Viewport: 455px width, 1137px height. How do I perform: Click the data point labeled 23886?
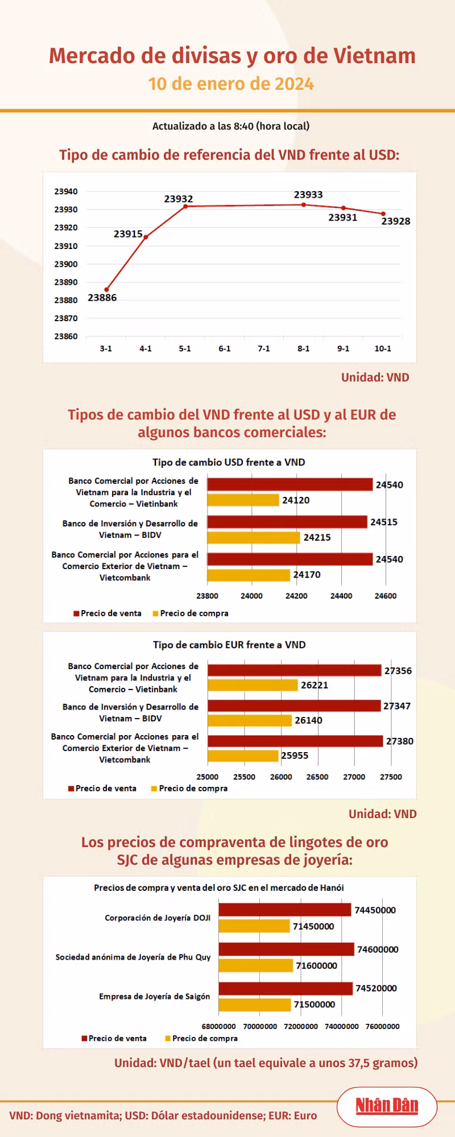tap(106, 290)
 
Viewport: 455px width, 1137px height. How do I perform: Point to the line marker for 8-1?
tap(304, 205)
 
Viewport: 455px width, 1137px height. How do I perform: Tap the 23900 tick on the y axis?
tap(66, 264)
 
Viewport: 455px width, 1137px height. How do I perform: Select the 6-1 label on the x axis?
tap(225, 348)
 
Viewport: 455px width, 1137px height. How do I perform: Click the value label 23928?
tap(396, 221)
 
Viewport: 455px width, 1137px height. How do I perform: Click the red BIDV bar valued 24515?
tap(287, 522)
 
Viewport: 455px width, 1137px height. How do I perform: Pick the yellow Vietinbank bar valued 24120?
tap(243, 500)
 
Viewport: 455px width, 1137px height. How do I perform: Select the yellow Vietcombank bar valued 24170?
tap(249, 575)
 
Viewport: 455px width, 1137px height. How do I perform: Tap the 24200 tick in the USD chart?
tap(296, 596)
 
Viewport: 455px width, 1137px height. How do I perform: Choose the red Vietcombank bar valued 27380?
tap(295, 741)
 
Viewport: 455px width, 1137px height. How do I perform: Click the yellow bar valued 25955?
tap(243, 756)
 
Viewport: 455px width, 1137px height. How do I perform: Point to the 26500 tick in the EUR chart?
tap(317, 777)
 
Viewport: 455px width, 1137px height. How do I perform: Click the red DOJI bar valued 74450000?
tap(285, 910)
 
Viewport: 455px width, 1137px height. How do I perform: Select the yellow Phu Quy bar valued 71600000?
tap(256, 965)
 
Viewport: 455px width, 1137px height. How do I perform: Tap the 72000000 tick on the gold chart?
tap(301, 1026)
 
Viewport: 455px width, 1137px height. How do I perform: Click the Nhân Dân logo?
tap(387, 1106)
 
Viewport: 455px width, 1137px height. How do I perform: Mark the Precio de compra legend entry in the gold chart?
tap(201, 1038)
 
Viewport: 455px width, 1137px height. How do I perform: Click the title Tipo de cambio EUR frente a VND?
tap(229, 645)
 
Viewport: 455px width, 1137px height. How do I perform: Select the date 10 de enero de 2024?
tap(231, 84)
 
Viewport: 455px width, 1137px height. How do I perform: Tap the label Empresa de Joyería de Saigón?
tap(155, 997)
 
